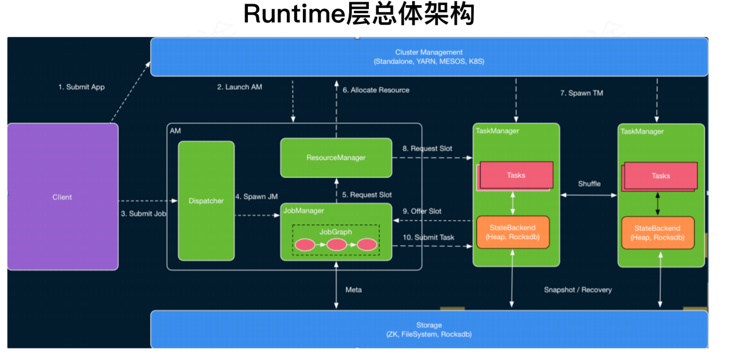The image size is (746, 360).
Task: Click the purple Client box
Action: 62,197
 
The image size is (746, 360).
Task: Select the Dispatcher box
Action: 206,201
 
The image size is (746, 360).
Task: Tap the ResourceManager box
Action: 336,157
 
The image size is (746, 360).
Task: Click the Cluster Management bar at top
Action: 429,57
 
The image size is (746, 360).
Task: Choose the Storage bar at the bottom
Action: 429,329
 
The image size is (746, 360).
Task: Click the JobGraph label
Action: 336,232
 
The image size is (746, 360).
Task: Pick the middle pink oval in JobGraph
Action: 337,245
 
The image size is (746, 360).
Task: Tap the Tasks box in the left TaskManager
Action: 516,176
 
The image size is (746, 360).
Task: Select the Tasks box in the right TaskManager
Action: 660,176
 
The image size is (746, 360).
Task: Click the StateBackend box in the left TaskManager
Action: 513,232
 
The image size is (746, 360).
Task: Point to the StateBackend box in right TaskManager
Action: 657,233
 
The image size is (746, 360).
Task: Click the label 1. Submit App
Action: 82,87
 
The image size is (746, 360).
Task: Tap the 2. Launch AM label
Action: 239,87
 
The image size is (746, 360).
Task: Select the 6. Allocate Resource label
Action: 376,90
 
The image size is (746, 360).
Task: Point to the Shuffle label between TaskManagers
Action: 589,184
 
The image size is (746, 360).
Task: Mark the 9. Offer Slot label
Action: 422,211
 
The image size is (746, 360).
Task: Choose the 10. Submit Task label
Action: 429,237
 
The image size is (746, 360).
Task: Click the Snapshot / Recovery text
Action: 578,290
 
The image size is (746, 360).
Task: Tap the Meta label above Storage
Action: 353,290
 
